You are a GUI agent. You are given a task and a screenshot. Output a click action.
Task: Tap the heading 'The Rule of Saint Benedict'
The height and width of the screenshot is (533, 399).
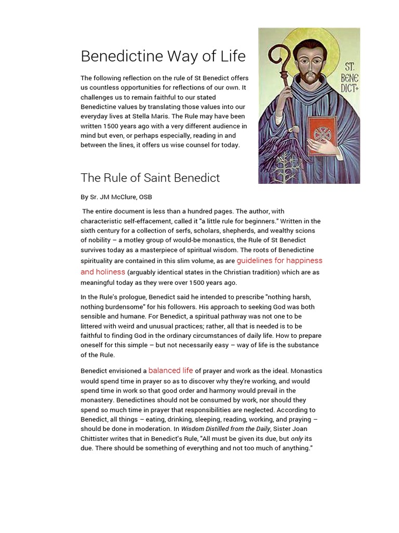coord(150,177)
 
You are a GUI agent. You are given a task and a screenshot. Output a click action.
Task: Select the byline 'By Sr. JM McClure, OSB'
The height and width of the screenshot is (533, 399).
coord(116,197)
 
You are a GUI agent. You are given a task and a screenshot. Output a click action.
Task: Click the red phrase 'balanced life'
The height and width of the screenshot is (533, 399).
coord(170,371)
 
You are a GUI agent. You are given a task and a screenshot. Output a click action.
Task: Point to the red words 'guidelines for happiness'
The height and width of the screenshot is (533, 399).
coord(279,260)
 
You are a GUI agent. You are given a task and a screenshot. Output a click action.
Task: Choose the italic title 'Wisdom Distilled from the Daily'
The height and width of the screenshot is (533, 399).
coord(225,429)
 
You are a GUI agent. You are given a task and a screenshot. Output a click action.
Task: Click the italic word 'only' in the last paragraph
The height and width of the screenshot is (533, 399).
coord(297,438)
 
